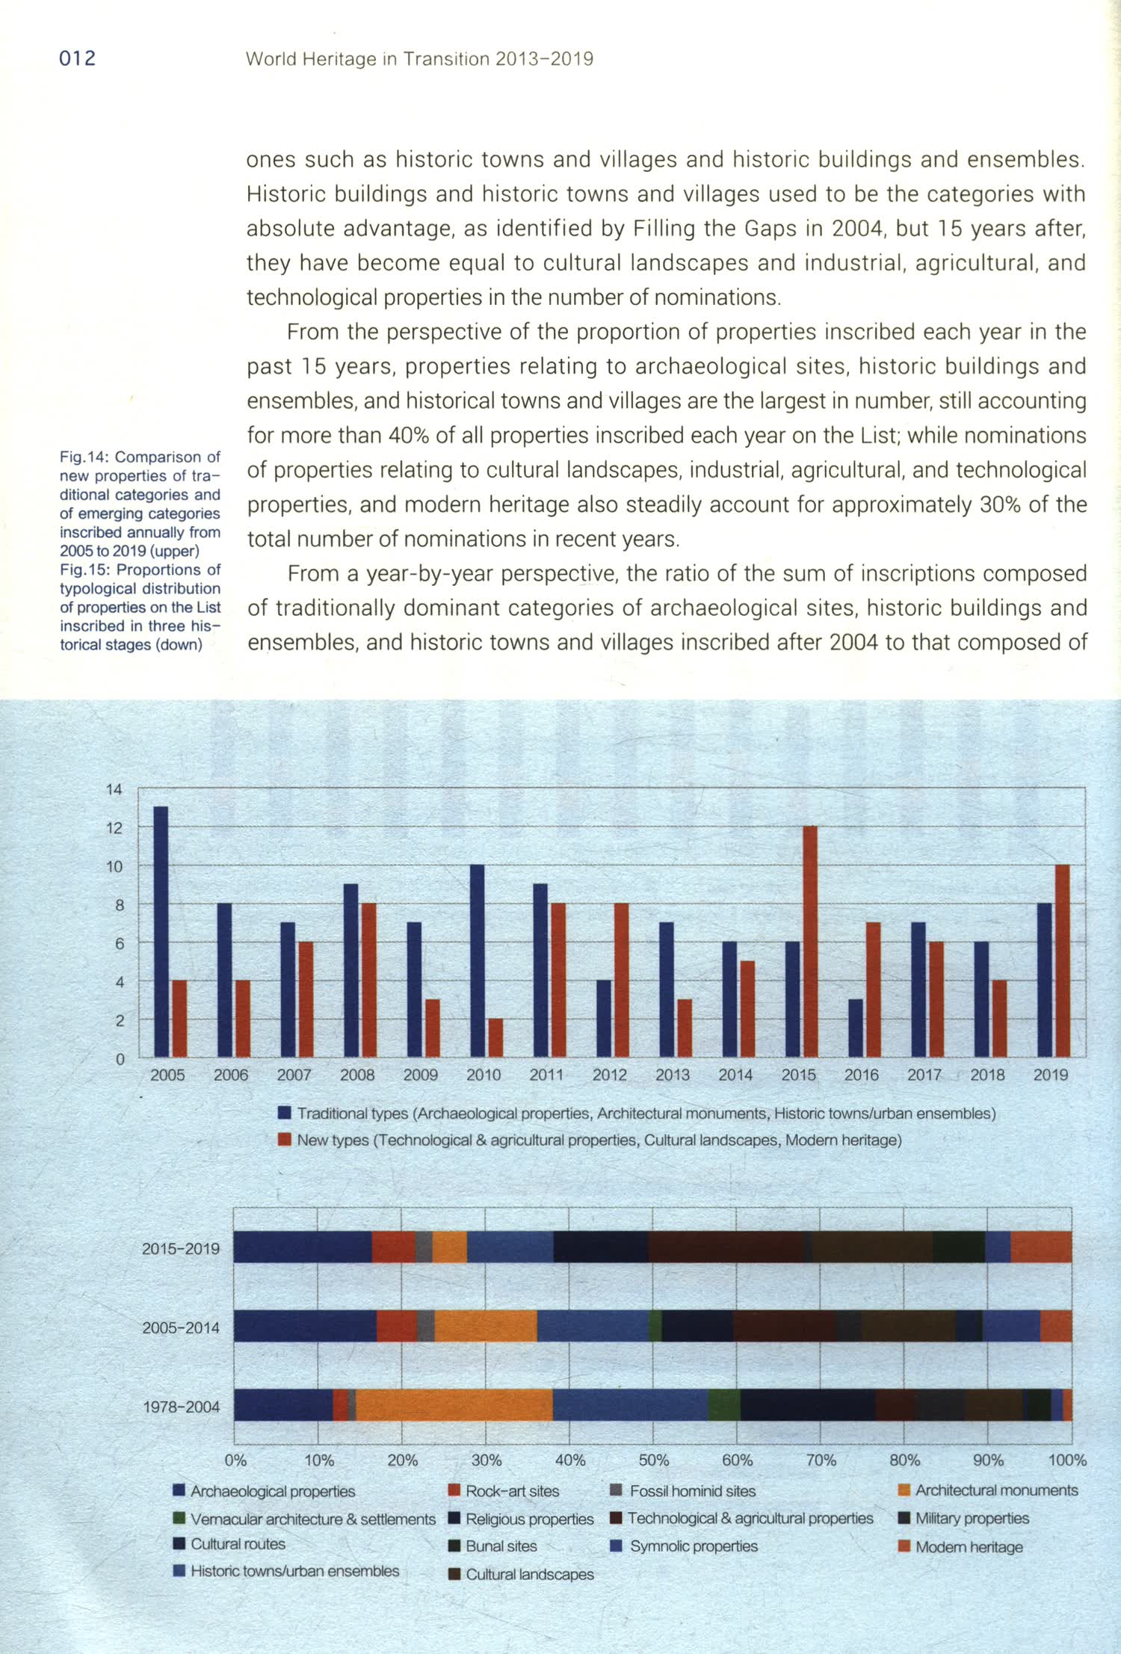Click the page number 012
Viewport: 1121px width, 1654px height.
point(77,58)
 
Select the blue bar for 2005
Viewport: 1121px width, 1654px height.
point(161,931)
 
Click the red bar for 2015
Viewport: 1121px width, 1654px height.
point(809,941)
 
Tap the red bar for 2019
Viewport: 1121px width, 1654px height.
point(1062,960)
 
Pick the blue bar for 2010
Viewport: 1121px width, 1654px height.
point(477,960)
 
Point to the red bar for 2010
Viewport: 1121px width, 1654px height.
point(495,1037)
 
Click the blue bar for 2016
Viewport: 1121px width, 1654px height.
point(856,1028)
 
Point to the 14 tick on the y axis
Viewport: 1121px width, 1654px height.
point(114,789)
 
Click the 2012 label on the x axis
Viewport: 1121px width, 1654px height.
point(609,1075)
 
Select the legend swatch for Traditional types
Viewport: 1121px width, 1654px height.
point(284,1113)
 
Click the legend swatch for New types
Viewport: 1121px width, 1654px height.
point(284,1140)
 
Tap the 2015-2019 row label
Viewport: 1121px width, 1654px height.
point(181,1248)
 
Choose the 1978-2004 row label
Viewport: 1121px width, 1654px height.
point(181,1407)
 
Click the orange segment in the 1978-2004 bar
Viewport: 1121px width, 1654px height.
point(454,1405)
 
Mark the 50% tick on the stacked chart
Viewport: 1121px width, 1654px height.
point(653,1460)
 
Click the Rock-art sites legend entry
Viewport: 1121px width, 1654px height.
point(512,1491)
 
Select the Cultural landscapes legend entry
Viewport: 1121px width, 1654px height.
point(529,1574)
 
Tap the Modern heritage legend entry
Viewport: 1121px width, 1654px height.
point(969,1547)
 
